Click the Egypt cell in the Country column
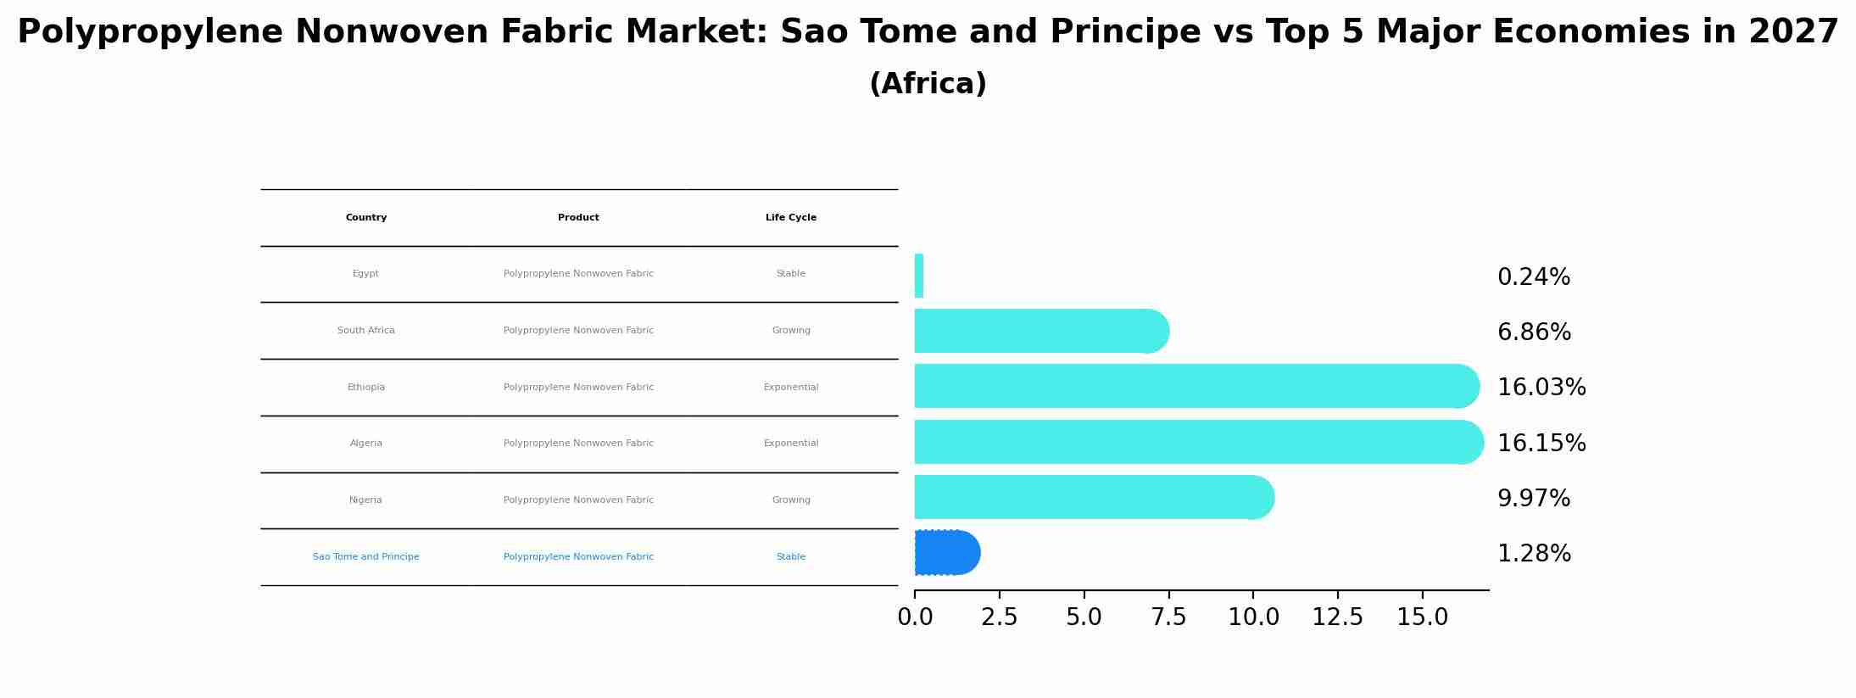pos(365,274)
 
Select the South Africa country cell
pos(365,331)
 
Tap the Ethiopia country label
pos(365,388)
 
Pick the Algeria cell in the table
pos(365,444)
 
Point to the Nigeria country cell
pos(365,500)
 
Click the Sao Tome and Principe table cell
pos(365,557)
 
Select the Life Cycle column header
pos(790,218)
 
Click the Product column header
pos(578,218)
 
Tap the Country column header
pos(365,218)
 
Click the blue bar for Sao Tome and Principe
pos(946,553)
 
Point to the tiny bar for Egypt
pos(919,276)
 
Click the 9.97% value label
pos(1533,499)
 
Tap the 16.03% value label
pos(1541,388)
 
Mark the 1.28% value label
pos(1533,554)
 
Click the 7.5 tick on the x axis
pos(1168,617)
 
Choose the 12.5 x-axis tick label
pos(1337,617)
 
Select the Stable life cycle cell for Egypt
pos(790,274)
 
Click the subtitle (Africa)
pos(928,84)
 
